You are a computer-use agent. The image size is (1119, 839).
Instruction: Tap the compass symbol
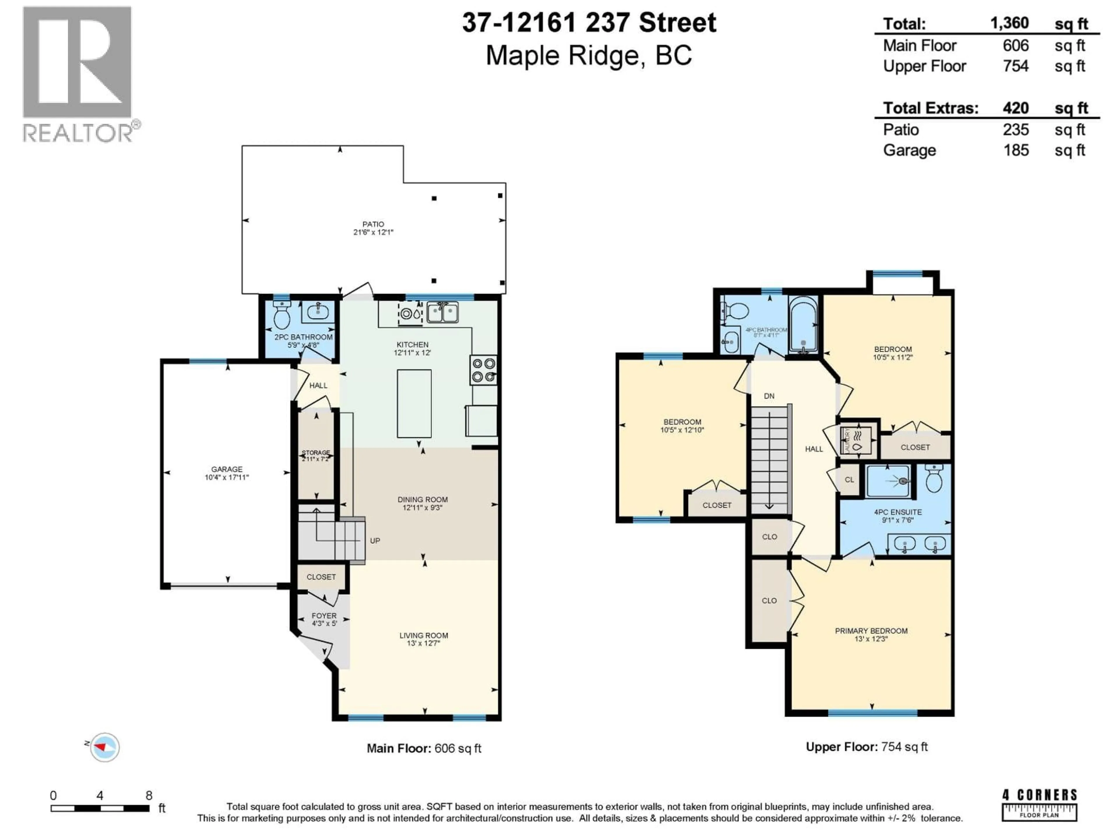(x=105, y=747)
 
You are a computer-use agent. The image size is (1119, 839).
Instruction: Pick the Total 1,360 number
(x=1009, y=23)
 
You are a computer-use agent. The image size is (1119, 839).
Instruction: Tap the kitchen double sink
(x=443, y=312)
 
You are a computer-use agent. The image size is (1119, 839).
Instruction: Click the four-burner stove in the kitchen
(x=483, y=370)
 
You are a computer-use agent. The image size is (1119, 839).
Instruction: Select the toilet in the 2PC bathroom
(x=281, y=315)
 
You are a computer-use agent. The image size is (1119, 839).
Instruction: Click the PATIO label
(x=373, y=224)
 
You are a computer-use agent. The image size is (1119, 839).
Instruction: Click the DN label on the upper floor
(x=769, y=396)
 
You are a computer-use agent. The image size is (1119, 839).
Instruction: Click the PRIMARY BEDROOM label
(x=871, y=631)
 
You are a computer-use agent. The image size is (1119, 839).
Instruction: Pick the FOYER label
(x=324, y=616)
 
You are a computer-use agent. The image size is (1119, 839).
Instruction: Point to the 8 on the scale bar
(x=149, y=796)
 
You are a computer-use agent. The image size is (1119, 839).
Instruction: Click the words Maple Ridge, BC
(x=588, y=56)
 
